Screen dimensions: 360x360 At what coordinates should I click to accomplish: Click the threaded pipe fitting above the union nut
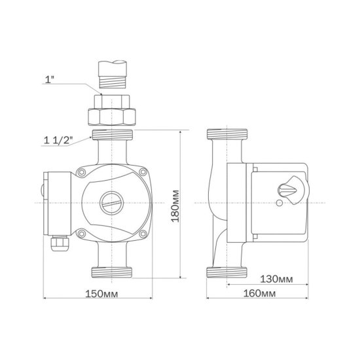pos(113,77)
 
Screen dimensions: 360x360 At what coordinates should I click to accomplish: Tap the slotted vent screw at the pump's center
pos(111,202)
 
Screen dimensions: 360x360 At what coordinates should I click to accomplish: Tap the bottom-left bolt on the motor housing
pos(81,232)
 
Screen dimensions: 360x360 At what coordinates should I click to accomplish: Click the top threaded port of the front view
pos(113,135)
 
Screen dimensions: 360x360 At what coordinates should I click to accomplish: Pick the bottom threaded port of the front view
pos(113,271)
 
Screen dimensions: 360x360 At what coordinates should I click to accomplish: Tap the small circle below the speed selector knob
pos(281,204)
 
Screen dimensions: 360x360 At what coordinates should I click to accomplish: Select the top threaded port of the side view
pos(226,135)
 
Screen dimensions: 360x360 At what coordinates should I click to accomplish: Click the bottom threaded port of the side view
pos(226,271)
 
